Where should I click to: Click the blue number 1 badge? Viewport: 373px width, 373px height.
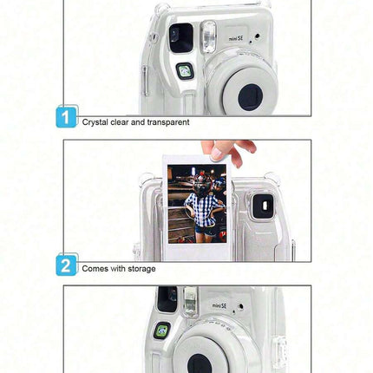tap(66, 117)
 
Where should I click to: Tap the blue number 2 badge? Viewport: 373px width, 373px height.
tap(66, 265)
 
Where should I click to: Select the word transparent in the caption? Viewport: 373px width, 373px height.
tap(168, 122)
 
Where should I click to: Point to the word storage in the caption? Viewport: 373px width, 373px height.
tap(141, 269)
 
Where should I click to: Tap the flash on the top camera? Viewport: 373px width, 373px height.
tap(208, 37)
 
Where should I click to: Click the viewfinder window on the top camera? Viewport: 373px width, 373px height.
tap(180, 38)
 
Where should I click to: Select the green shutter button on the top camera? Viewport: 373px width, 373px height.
tap(185, 71)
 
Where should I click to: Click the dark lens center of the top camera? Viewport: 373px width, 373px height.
tap(251, 97)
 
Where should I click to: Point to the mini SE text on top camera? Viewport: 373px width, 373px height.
tap(236, 38)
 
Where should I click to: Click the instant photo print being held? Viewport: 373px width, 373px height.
tap(197, 208)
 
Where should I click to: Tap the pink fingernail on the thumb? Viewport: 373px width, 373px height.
tap(216, 153)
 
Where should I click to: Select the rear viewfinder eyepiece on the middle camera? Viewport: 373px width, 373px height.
tap(263, 206)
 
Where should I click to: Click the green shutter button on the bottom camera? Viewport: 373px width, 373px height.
tap(161, 330)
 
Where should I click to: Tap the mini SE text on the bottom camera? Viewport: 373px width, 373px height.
tap(219, 305)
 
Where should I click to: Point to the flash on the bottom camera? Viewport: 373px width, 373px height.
tap(191, 300)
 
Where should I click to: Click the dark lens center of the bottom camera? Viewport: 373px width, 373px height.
tap(200, 363)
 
